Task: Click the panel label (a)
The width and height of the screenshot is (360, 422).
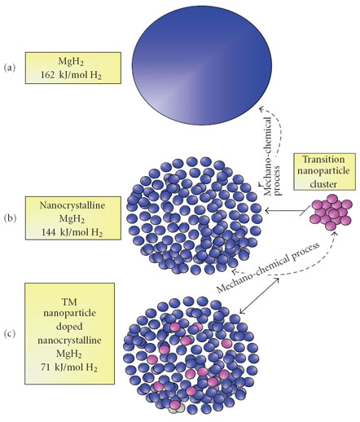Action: tap(10, 68)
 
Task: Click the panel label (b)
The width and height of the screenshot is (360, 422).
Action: tap(10, 218)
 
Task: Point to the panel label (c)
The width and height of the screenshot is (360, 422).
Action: tap(10, 334)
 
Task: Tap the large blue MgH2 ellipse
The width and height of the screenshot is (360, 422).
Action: tap(202, 65)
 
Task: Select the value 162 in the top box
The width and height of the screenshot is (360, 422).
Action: tap(48, 75)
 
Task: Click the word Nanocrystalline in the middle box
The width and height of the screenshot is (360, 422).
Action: tap(72, 205)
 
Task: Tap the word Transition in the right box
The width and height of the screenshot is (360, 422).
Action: tap(323, 159)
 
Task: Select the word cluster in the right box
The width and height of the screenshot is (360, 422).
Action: tap(323, 184)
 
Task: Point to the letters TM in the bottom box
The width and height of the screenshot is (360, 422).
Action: tap(69, 301)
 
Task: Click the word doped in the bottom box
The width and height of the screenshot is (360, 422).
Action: tap(69, 326)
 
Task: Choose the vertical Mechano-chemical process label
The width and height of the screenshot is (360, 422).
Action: tap(272, 156)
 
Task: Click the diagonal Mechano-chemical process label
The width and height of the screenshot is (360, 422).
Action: tap(268, 268)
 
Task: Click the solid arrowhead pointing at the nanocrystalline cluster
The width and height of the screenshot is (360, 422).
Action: tap(267, 210)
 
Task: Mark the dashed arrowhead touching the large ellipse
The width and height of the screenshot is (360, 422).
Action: tap(262, 108)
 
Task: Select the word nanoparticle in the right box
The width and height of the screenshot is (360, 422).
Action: tap(323, 171)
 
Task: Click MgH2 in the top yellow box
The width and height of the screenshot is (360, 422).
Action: tap(71, 62)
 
